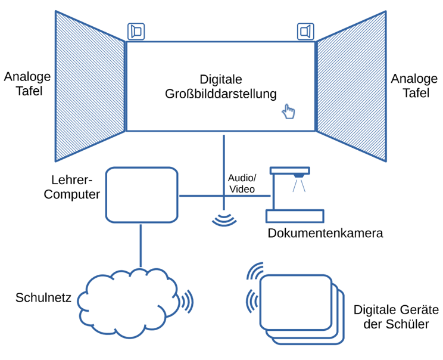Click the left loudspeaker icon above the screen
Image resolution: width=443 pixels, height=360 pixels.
[x=135, y=31]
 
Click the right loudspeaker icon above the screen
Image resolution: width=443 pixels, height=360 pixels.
[x=305, y=31]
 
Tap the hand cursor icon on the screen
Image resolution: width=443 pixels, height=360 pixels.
[x=288, y=111]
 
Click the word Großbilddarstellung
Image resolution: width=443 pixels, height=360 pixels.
[x=220, y=94]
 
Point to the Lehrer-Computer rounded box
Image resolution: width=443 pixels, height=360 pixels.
[x=141, y=194]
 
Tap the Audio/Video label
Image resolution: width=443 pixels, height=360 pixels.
[x=242, y=184]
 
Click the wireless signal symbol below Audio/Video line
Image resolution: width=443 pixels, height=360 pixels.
[x=224, y=219]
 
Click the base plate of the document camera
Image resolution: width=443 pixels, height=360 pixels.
[x=295, y=215]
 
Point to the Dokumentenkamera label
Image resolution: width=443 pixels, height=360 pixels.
[x=325, y=233]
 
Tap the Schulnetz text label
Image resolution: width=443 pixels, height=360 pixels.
[x=43, y=297]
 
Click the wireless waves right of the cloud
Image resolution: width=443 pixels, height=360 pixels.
[x=188, y=302]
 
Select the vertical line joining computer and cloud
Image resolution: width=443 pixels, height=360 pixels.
[x=141, y=246]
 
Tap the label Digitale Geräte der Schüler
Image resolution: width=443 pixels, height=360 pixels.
[x=395, y=317]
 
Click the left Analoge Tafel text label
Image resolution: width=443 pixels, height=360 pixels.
[x=27, y=84]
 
